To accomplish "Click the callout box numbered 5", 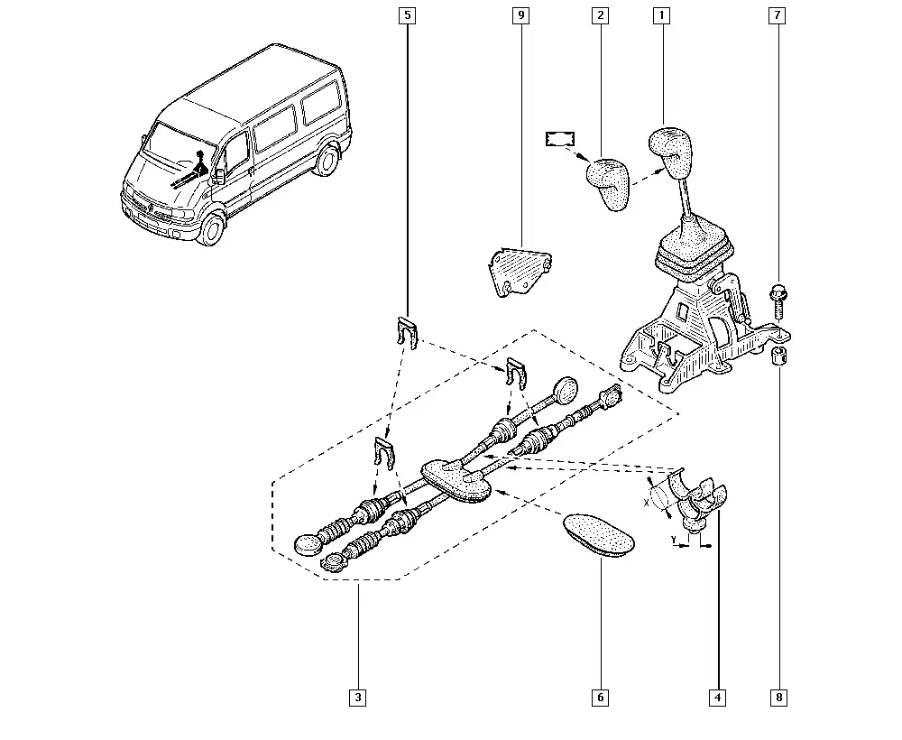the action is click(x=408, y=15).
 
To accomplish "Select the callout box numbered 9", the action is click(x=520, y=15).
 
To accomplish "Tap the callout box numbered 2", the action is click(x=600, y=15).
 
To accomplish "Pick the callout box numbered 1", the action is click(x=661, y=15).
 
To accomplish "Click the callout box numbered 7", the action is click(x=778, y=15).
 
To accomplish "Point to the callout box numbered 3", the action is click(x=358, y=698).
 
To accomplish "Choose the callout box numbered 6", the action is click(x=600, y=698).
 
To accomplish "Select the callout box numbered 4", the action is click(x=717, y=698).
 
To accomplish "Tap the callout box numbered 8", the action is click(x=779, y=698).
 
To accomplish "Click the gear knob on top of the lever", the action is click(x=671, y=152).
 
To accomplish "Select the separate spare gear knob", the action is click(x=608, y=183).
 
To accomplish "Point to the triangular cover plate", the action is click(x=520, y=271).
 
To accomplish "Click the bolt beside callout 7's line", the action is click(x=778, y=301).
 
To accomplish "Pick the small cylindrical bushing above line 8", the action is click(x=779, y=356).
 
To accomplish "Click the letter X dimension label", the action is click(x=646, y=503).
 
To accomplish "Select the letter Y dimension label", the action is click(x=673, y=539).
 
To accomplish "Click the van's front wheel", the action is click(x=212, y=228).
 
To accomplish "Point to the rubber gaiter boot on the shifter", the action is click(x=695, y=250).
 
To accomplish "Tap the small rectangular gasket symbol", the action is click(x=560, y=139).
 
